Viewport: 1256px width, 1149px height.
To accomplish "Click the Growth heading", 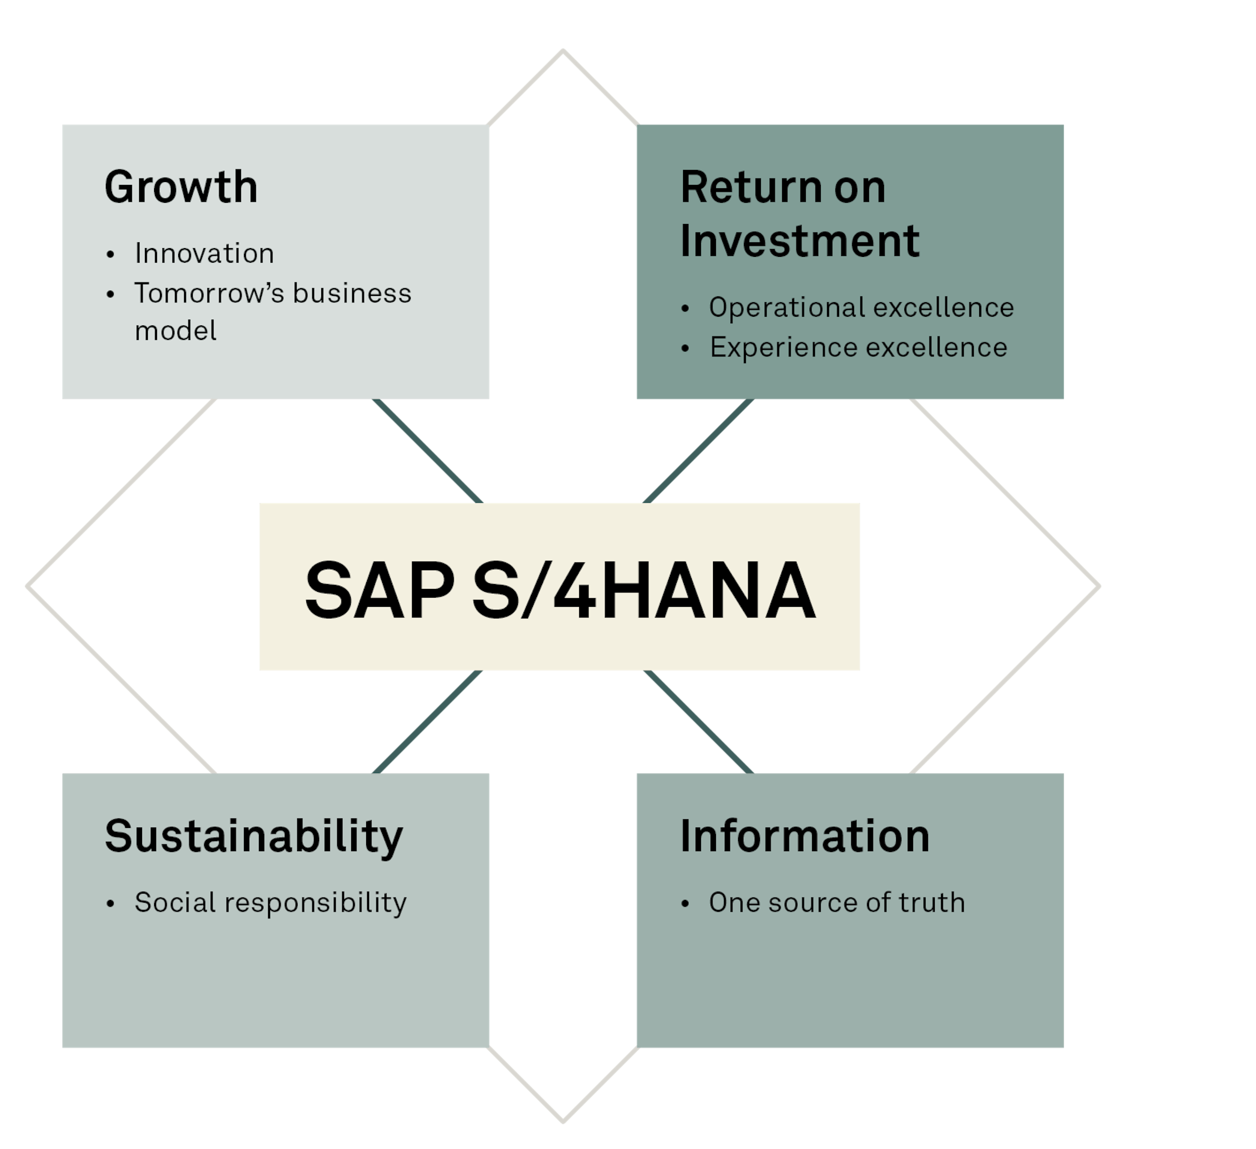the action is click(181, 187).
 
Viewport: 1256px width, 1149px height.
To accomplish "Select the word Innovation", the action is click(204, 253).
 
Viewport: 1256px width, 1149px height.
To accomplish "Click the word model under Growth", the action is click(176, 331).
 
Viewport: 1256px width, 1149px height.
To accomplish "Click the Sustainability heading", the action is click(254, 838).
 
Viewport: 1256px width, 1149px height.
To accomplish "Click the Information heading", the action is click(805, 836).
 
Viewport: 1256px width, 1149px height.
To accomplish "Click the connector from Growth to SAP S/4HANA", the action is click(428, 451).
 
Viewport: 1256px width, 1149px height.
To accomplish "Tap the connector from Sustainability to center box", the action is click(428, 722).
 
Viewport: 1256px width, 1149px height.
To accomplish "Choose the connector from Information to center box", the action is click(699, 722).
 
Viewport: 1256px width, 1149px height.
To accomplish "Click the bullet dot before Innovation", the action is click(111, 254).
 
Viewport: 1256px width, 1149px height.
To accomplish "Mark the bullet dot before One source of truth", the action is click(685, 904).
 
